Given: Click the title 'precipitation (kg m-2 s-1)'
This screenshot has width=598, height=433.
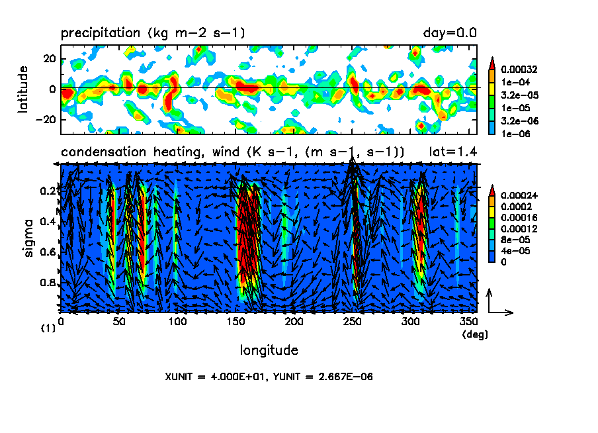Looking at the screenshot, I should coord(153,32).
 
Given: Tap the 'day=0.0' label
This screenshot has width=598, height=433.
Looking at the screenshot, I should coord(450,32).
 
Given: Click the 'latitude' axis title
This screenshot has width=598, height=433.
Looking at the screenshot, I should coord(23,89).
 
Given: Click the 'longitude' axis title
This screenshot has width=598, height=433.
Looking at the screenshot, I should coord(269,350).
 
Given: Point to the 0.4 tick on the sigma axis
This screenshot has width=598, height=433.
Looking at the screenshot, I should coord(47,221).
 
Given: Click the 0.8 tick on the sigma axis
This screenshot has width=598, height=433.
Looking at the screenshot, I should coord(47,283).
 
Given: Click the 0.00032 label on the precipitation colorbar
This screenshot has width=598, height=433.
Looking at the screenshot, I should coord(521,69).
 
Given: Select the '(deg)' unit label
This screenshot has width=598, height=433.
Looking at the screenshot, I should coord(474,334).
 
